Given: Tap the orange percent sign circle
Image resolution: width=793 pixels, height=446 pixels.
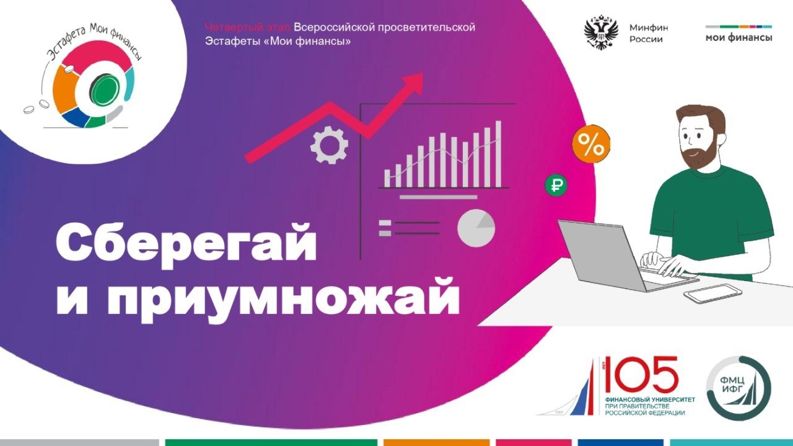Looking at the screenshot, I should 590,146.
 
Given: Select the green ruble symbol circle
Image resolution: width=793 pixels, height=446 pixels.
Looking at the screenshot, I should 556,185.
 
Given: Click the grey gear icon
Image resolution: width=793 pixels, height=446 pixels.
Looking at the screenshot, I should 328,145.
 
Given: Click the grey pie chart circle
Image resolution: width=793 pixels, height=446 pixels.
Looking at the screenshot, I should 476,228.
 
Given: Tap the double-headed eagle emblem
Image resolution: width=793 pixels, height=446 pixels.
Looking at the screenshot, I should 601,33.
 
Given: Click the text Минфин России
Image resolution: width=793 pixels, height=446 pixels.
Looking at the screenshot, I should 649,33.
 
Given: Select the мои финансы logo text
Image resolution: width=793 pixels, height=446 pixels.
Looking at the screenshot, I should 738,37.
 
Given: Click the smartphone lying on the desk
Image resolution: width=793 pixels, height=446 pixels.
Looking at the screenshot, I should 712,293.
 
